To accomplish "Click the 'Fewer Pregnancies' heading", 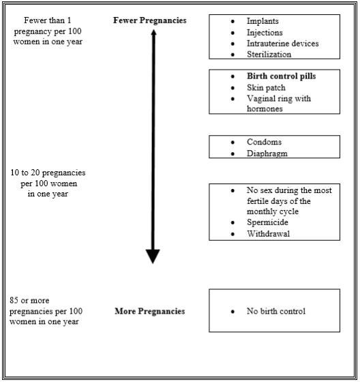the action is click(x=150, y=20).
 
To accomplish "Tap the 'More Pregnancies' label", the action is click(x=150, y=311).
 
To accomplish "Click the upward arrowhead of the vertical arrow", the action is click(x=153, y=32).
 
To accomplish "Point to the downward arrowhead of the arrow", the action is click(x=153, y=256).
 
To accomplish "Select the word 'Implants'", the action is click(x=262, y=21).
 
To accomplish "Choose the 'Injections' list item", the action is click(x=265, y=33).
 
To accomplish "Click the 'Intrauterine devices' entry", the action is click(x=283, y=44).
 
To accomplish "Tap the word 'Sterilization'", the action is click(x=269, y=54).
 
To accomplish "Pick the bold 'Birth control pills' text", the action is click(x=282, y=76).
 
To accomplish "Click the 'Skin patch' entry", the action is click(x=266, y=87).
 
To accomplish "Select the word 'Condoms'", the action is click(x=265, y=142).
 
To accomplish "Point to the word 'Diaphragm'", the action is click(x=267, y=153).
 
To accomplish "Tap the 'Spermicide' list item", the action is click(x=267, y=222).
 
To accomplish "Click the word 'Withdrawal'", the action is click(x=269, y=234).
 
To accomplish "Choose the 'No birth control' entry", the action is click(x=276, y=311).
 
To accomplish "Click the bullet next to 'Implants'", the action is click(x=232, y=21).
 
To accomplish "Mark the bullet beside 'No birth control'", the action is click(x=232, y=312).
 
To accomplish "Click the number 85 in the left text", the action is click(x=14, y=300).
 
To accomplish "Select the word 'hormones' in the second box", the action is click(x=265, y=108).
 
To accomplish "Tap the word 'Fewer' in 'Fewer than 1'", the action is click(x=34, y=20).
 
